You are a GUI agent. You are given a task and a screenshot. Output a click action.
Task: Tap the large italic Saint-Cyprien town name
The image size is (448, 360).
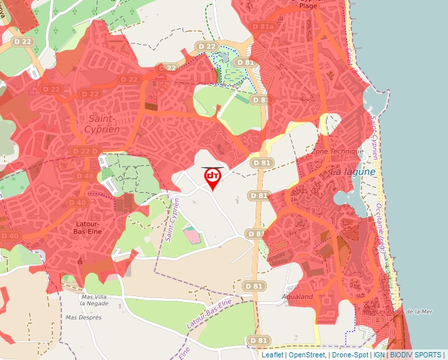point(102,124)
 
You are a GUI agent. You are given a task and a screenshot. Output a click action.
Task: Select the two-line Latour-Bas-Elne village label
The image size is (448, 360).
point(83,228)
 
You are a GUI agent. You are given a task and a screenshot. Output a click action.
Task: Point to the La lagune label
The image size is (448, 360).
point(352,171)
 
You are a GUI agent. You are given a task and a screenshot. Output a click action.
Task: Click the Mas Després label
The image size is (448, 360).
point(84,317)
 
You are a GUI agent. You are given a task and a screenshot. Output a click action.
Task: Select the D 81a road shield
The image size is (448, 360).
point(262,27)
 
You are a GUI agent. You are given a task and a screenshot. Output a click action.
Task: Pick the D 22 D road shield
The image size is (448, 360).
point(85,151)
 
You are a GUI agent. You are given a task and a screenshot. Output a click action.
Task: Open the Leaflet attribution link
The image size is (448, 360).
point(272,355)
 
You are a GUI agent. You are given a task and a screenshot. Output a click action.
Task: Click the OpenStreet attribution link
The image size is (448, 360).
point(306,355)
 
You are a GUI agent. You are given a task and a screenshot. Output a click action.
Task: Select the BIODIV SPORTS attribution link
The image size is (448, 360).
point(416,355)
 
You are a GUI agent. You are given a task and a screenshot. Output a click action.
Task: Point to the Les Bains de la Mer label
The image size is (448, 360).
point(404,312)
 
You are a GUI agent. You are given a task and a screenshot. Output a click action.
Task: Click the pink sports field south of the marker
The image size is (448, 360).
point(191,234)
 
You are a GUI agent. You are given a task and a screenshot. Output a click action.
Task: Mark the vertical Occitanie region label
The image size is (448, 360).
point(380,227)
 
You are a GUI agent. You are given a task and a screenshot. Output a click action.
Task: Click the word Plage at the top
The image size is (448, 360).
point(308,6)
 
